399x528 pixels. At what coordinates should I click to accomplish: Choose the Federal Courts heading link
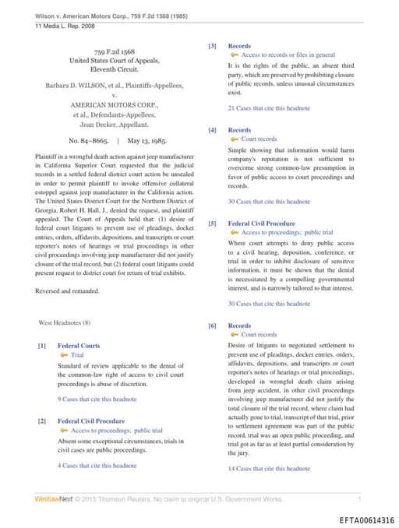pos(79,346)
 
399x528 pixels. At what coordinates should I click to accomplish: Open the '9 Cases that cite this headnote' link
pos(97,399)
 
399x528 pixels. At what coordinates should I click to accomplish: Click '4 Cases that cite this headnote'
pos(97,466)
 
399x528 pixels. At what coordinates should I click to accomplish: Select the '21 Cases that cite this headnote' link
pos(268,108)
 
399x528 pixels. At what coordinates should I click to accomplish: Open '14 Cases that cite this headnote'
pos(268,469)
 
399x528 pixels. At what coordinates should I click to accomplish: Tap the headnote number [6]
pos(212,326)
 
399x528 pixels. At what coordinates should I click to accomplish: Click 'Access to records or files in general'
pos(288,55)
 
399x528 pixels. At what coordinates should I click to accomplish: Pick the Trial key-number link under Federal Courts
pos(77,355)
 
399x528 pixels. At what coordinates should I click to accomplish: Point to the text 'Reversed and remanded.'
pos(68,291)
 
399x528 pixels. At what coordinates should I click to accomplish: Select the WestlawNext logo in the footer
pos(54,498)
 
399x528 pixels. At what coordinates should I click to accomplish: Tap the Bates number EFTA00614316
pos(366,519)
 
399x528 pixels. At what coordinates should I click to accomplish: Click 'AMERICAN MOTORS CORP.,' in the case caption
pos(115,104)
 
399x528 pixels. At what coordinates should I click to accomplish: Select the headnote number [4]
pos(212,130)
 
